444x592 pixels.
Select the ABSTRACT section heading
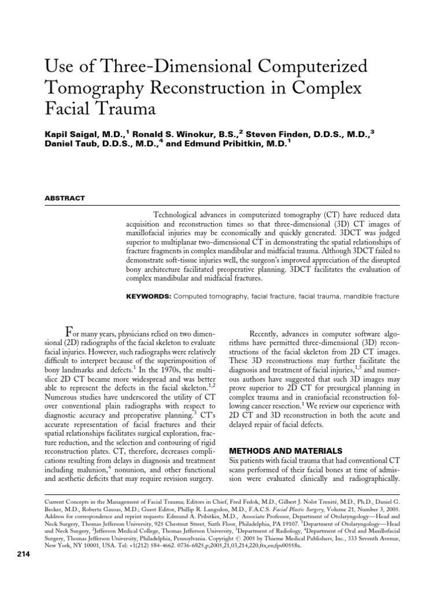coord(65,198)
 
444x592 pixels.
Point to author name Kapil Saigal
coord(70,134)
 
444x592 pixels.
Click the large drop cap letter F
coord(69,334)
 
